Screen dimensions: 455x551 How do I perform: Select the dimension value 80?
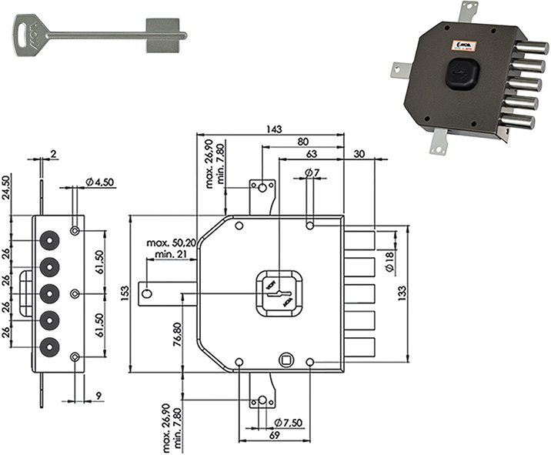302,142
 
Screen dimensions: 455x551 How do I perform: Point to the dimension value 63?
311,154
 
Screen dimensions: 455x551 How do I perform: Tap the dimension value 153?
125,293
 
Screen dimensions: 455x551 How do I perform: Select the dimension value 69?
273,436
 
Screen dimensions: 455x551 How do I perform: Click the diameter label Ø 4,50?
99,182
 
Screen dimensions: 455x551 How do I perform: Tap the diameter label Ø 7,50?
288,422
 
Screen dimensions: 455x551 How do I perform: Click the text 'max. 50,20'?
171,243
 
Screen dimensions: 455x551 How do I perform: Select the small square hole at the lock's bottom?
286,360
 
